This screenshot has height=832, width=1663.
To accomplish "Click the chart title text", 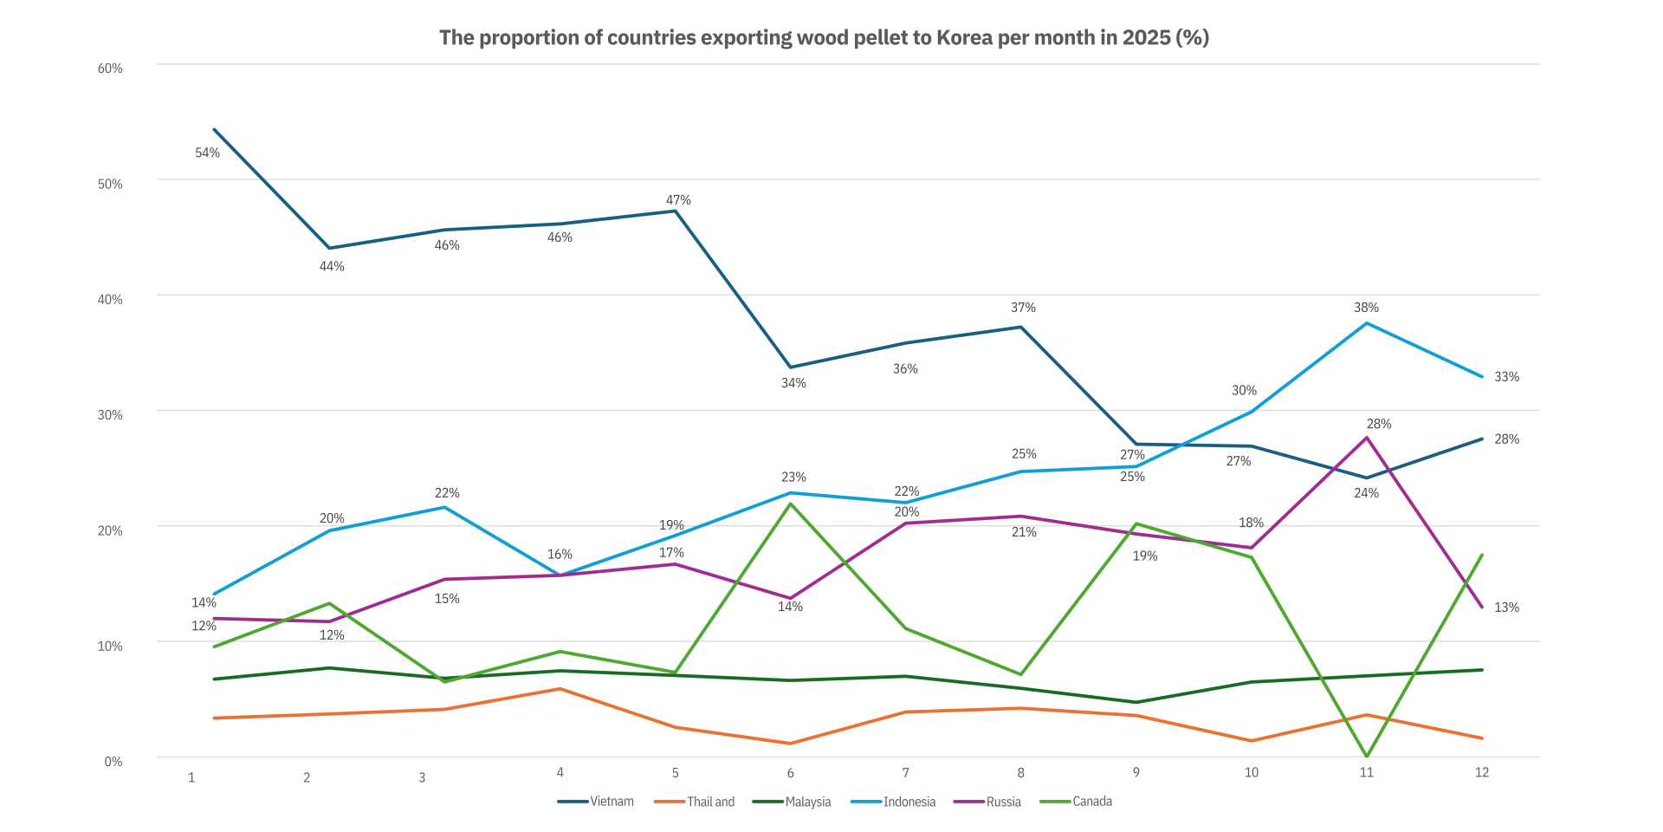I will click(x=824, y=37).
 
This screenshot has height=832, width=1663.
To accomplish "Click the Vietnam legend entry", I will click(x=611, y=802).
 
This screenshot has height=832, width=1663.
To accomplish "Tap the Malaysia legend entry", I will click(x=807, y=802).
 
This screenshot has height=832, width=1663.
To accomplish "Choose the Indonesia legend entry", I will click(x=909, y=802).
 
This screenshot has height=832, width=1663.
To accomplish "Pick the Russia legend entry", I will click(x=1003, y=802).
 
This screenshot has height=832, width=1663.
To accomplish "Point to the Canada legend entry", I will click(x=1091, y=802).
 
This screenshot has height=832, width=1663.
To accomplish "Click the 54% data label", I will click(x=207, y=153).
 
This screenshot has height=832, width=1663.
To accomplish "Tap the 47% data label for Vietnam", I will click(x=678, y=200).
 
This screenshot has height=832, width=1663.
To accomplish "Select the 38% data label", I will click(x=1366, y=308).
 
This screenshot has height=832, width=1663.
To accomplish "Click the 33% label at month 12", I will click(x=1506, y=377).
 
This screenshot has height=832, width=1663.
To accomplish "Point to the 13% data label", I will click(x=1506, y=608).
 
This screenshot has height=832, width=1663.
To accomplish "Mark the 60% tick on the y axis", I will click(x=110, y=68).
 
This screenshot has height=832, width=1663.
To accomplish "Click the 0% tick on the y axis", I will click(x=113, y=762).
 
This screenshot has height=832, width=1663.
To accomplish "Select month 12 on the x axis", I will click(x=1481, y=772).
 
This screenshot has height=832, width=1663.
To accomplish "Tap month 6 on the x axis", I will click(x=790, y=772).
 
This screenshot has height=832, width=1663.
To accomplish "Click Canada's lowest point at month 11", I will click(x=1367, y=757).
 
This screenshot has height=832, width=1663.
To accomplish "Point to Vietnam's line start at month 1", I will click(x=214, y=130).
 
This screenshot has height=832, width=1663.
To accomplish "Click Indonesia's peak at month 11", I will click(x=1367, y=323).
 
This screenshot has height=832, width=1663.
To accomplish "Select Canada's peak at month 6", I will click(x=790, y=504).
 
